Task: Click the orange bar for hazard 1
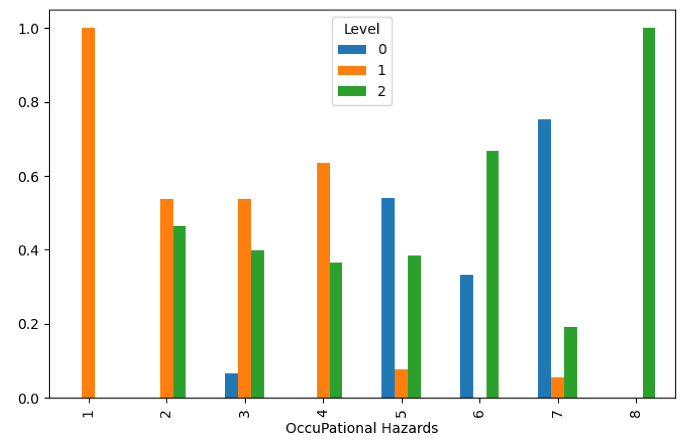pyautogui.click(x=88, y=213)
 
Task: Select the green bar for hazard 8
pyautogui.click(x=649, y=213)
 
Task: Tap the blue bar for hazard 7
pyautogui.click(x=544, y=259)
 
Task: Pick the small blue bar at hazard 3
pyautogui.click(x=231, y=385)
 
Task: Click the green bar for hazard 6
pyautogui.click(x=492, y=274)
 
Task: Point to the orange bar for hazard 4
pyautogui.click(x=323, y=280)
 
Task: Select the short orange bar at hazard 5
pyautogui.click(x=401, y=384)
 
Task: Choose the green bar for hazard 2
pyautogui.click(x=179, y=312)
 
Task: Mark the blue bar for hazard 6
pyautogui.click(x=466, y=336)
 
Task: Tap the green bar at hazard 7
pyautogui.click(x=570, y=362)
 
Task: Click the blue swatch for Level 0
pyautogui.click(x=352, y=49)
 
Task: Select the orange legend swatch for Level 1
pyautogui.click(x=352, y=70)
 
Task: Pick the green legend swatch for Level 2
pyautogui.click(x=352, y=91)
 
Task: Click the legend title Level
pyautogui.click(x=361, y=29)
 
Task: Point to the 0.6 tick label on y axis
pyautogui.click(x=29, y=176)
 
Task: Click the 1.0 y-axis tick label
pyautogui.click(x=29, y=29)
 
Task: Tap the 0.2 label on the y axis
pyautogui.click(x=29, y=324)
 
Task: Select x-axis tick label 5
pyautogui.click(x=401, y=413)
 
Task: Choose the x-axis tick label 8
pyautogui.click(x=636, y=413)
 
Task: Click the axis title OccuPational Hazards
pyautogui.click(x=361, y=428)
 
